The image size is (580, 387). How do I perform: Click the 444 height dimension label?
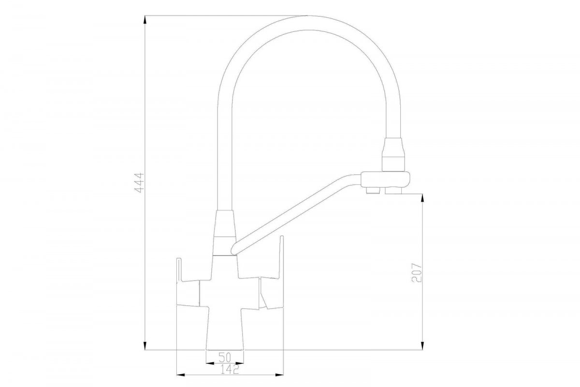tap(139, 183)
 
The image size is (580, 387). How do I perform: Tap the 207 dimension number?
tap(416, 273)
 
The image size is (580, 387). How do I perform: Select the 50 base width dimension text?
tap(225, 357)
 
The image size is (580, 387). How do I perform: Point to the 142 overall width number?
tap(230, 370)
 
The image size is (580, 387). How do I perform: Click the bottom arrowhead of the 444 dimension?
tap(145, 345)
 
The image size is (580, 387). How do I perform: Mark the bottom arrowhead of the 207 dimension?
tap(422, 345)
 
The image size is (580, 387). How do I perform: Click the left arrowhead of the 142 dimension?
tap(181, 375)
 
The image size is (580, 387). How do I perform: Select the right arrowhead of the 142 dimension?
tap(279, 375)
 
